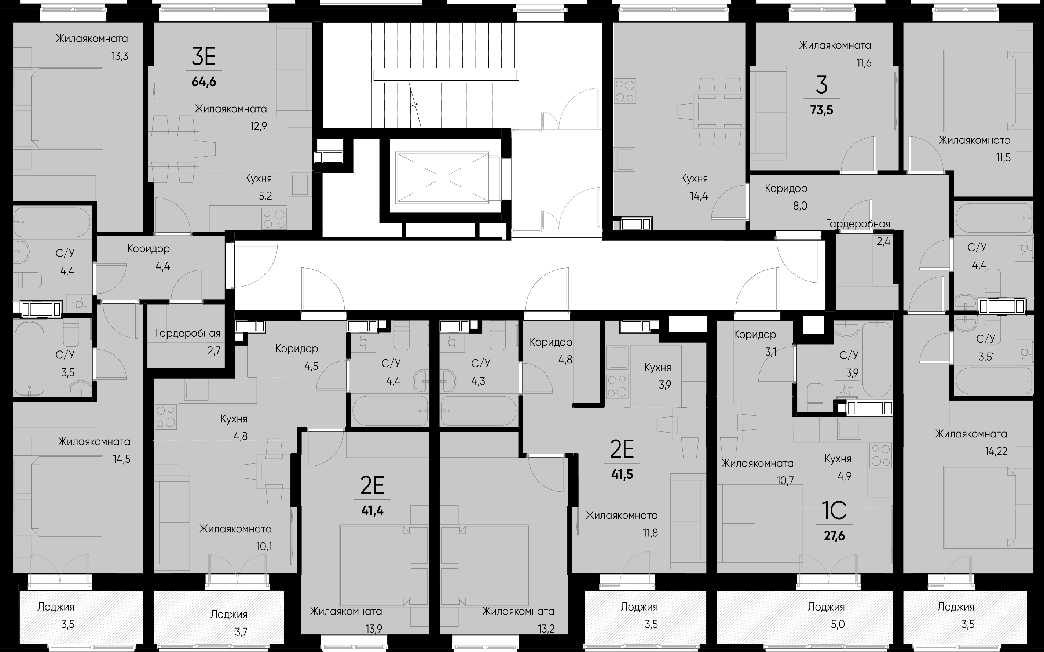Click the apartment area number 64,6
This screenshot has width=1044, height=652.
[x=204, y=81]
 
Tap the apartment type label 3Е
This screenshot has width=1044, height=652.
[x=204, y=57]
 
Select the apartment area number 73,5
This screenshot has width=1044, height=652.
[x=822, y=110]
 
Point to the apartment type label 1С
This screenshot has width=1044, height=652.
[x=834, y=511]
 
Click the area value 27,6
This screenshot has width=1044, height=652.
[x=834, y=536]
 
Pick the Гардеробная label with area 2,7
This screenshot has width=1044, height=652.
[x=188, y=333]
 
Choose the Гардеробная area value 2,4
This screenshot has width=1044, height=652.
[x=883, y=241]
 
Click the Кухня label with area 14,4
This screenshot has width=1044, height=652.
[x=694, y=179]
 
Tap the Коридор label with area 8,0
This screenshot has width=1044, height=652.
[x=786, y=189]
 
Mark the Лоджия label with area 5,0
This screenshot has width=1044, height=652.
[x=826, y=607]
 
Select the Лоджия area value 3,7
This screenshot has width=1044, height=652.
[x=241, y=632]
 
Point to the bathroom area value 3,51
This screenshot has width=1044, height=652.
[x=986, y=357]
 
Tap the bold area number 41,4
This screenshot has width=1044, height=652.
[x=372, y=511]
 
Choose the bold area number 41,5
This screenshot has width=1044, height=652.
[x=622, y=475]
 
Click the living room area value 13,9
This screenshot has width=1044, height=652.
[x=374, y=629]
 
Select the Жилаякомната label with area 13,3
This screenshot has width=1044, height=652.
[x=92, y=39]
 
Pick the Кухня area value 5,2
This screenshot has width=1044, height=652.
[x=265, y=196]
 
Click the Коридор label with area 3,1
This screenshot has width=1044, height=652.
[x=755, y=334]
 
